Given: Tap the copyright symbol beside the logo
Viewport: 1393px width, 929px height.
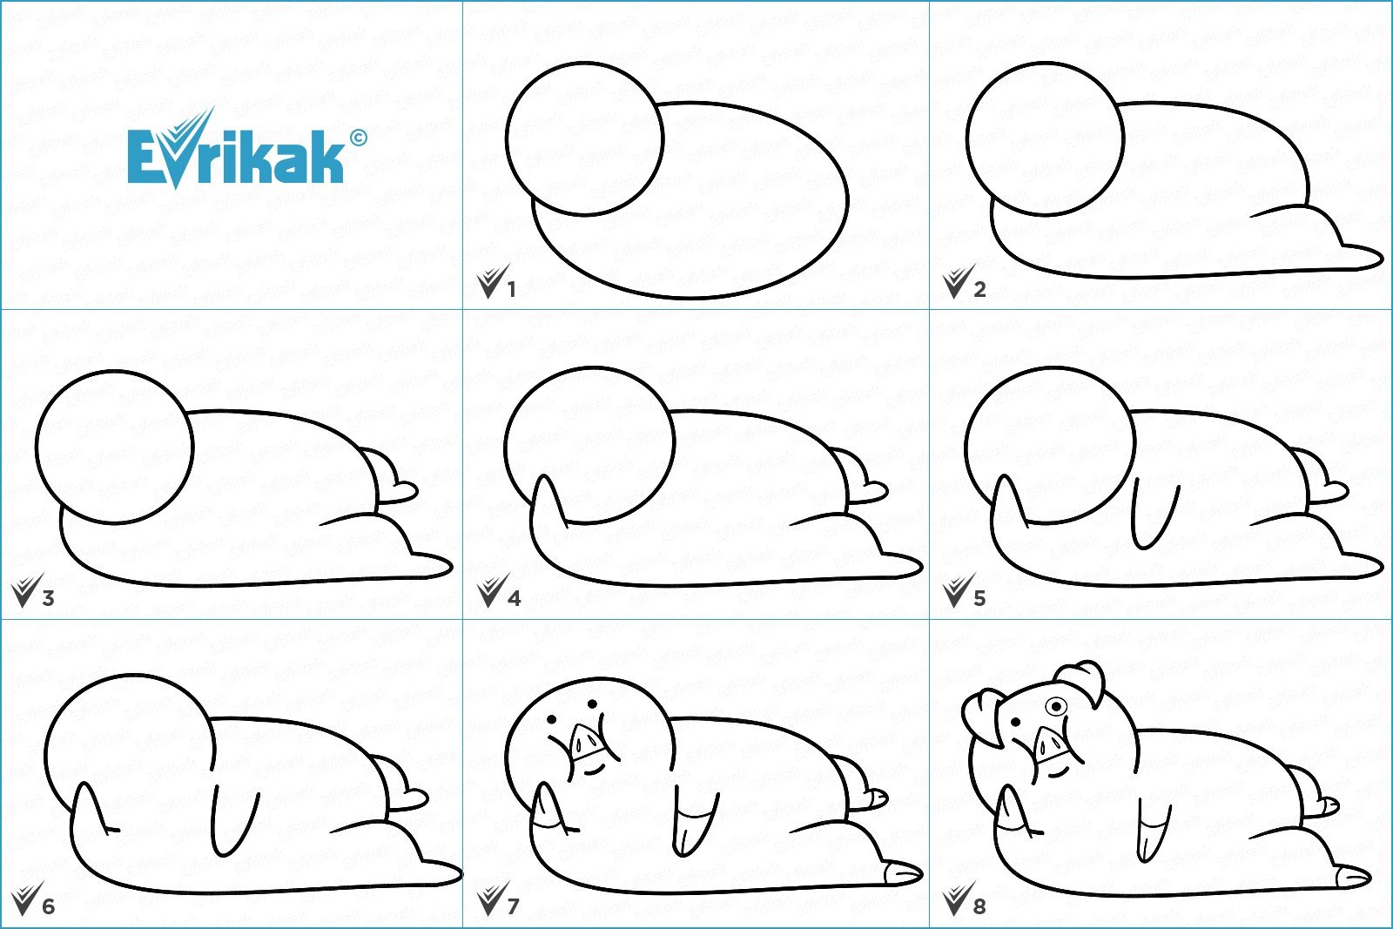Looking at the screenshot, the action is click(x=358, y=138).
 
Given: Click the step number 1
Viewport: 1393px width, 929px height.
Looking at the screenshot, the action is click(x=512, y=289).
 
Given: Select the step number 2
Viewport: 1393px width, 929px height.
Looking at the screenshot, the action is click(x=979, y=289).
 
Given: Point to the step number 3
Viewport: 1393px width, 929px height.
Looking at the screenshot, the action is click(x=48, y=598).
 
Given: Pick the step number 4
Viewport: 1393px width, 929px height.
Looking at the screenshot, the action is click(x=514, y=598).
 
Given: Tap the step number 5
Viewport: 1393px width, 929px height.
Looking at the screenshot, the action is click(x=979, y=598).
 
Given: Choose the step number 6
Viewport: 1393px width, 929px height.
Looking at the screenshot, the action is click(x=49, y=906).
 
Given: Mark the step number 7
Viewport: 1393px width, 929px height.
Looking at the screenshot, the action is click(x=513, y=906).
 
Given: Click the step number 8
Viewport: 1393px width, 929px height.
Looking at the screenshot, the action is click(x=979, y=906).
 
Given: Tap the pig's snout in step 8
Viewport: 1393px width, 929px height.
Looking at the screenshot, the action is click(x=1052, y=743).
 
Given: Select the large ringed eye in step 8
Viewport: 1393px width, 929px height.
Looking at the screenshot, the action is click(x=1056, y=706).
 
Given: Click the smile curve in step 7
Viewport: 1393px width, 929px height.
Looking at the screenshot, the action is click(x=594, y=770).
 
